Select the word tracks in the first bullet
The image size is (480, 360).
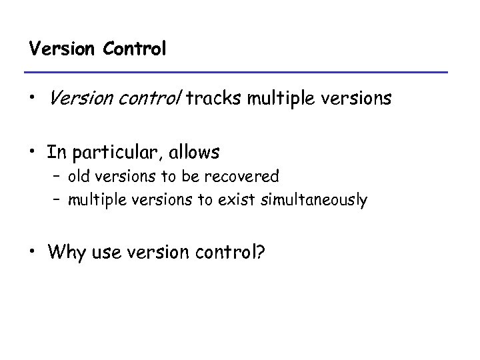[215, 99]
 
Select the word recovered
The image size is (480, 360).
[246, 177]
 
